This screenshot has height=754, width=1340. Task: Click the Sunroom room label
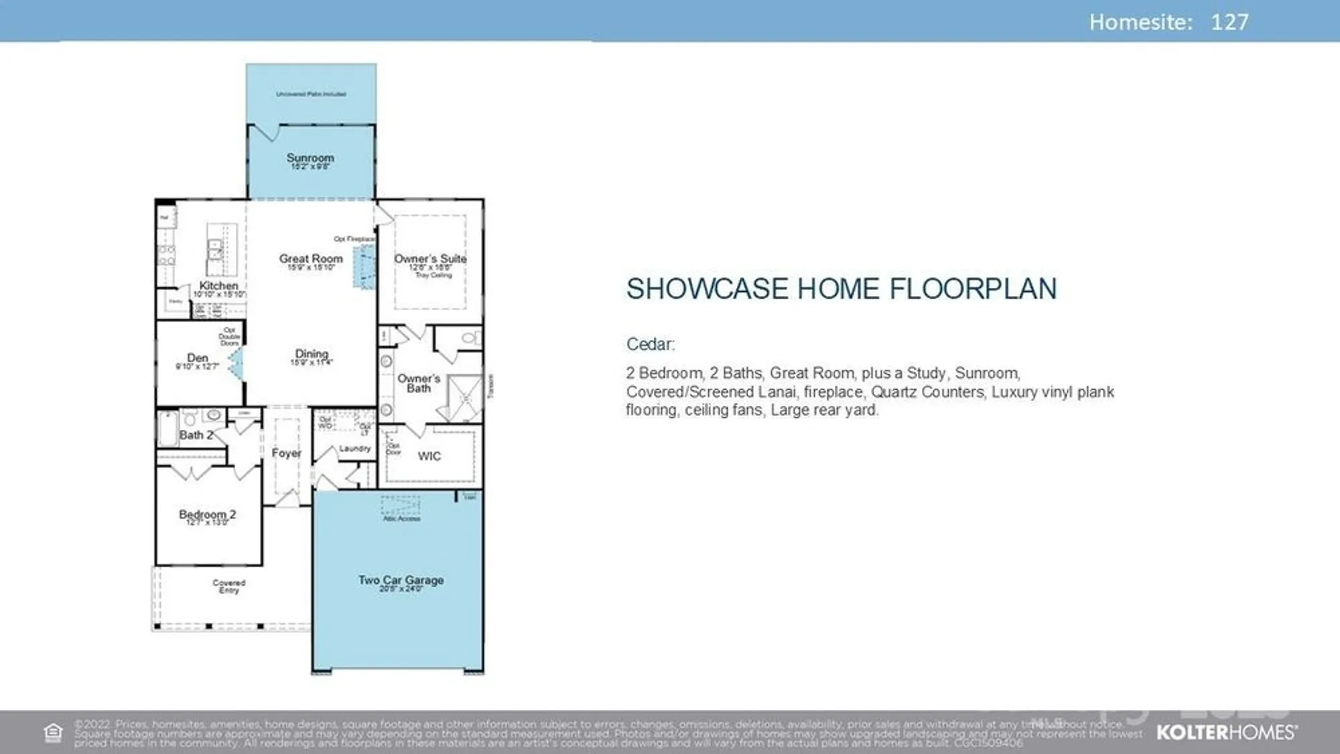310,158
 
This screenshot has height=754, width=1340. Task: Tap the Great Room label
311,258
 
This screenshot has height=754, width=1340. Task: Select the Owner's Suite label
430,258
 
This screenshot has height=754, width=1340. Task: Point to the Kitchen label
218,285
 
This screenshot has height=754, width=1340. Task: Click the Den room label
198,358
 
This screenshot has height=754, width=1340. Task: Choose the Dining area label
312,354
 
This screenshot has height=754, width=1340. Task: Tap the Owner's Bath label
419,383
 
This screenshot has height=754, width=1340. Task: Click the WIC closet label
429,456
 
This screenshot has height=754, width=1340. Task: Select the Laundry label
354,449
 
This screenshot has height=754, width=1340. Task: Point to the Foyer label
286,453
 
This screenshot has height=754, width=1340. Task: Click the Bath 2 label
196,435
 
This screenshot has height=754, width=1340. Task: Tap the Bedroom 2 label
207,514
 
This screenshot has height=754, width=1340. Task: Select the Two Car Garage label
401,580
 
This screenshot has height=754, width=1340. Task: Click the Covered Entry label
229,586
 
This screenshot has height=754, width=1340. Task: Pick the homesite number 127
1229,22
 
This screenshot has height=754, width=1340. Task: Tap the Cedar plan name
650,344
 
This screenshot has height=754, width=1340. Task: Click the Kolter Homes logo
1226,732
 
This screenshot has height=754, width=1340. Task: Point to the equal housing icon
53,733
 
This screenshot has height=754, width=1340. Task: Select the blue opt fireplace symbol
364,267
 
